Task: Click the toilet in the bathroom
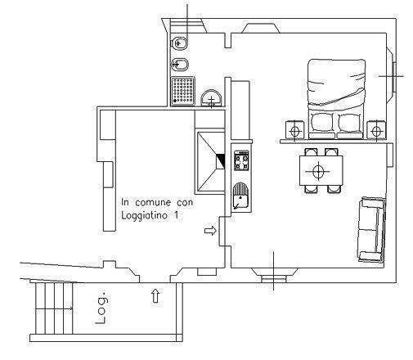pyautogui.click(x=179, y=43)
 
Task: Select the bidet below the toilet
pyautogui.click(x=179, y=65)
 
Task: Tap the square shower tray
pyautogui.click(x=183, y=91)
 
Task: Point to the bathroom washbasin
pyautogui.click(x=211, y=98)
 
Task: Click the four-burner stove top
pyautogui.click(x=241, y=160)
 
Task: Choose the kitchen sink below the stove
pyautogui.click(x=240, y=196)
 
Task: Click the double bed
pyautogui.click(x=336, y=99)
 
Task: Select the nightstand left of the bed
pyautogui.click(x=294, y=130)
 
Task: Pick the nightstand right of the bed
pyautogui.click(x=376, y=130)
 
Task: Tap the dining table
pyautogui.click(x=321, y=171)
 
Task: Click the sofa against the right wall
pyautogui.click(x=372, y=230)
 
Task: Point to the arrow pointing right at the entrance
pyautogui.click(x=210, y=231)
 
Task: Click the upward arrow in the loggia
pyautogui.click(x=155, y=296)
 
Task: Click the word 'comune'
pyautogui.click(x=153, y=202)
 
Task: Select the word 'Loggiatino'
pyautogui.click(x=144, y=216)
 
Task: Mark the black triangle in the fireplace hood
pyautogui.click(x=221, y=161)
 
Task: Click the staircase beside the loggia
pyautogui.click(x=54, y=308)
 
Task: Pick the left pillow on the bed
pyautogui.click(x=321, y=122)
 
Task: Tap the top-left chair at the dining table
pyautogui.click(x=311, y=152)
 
